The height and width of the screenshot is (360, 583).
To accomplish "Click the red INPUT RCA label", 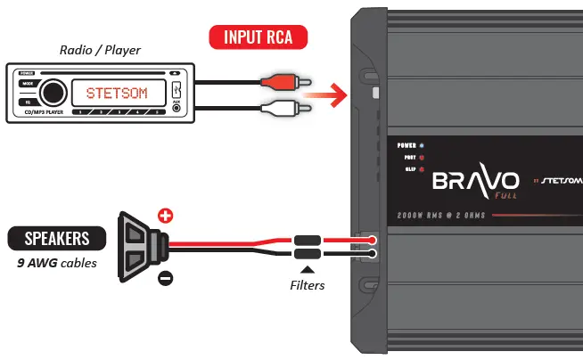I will click(257, 37).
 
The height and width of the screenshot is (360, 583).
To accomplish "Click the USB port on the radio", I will click(177, 89).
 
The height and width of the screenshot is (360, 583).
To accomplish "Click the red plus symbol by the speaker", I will click(165, 215).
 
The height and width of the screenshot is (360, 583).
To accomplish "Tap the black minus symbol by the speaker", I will click(165, 278).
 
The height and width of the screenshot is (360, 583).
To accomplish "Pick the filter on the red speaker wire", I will click(309, 240).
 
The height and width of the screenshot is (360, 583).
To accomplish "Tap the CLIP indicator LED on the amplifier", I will click(421, 168).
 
